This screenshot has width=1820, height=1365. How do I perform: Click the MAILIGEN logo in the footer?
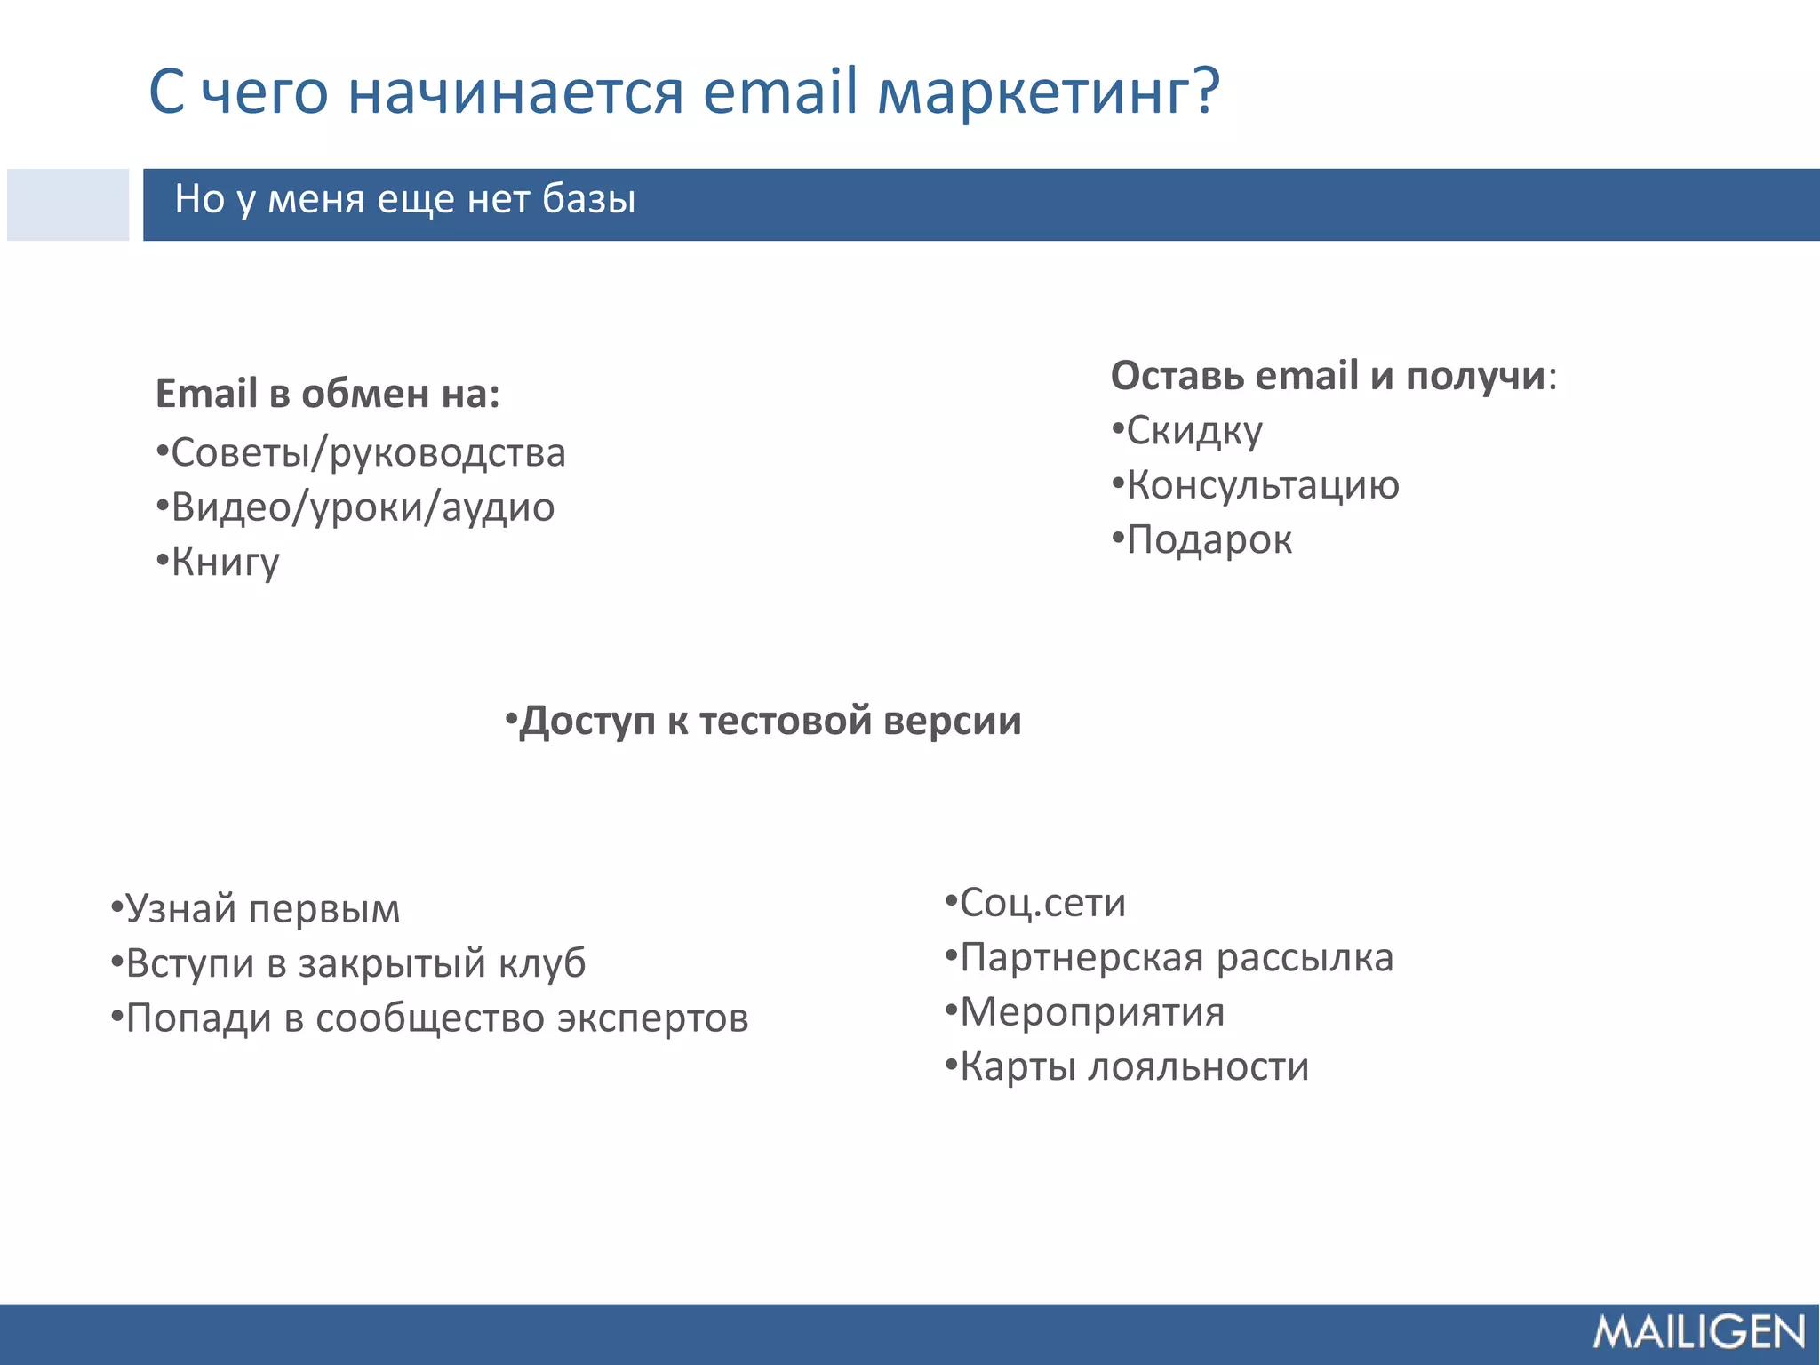click(1698, 1332)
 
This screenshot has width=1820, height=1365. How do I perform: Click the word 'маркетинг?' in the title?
click(1050, 92)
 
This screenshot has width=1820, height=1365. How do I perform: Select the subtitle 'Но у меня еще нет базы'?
click(404, 199)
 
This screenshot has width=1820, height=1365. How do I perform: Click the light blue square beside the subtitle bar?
click(68, 204)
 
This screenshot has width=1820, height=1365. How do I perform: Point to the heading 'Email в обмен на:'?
click(327, 394)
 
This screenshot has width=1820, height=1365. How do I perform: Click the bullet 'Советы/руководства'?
click(367, 452)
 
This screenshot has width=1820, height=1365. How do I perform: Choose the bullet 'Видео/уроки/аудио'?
click(362, 507)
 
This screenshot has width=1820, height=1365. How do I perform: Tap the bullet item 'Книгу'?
click(224, 562)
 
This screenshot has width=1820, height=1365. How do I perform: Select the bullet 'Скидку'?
click(1193, 431)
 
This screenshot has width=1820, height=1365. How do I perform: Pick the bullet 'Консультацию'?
click(1262, 485)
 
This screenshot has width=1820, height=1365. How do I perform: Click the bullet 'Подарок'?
click(1209, 539)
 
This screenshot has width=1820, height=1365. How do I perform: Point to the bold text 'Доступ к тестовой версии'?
click(770, 720)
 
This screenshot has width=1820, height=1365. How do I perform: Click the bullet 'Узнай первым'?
click(262, 908)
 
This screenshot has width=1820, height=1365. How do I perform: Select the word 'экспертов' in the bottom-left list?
click(653, 1018)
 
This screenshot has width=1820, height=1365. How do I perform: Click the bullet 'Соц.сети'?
click(1042, 903)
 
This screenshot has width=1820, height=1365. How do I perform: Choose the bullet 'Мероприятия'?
click(1091, 1012)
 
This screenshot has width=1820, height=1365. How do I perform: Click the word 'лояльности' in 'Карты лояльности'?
click(1199, 1066)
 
